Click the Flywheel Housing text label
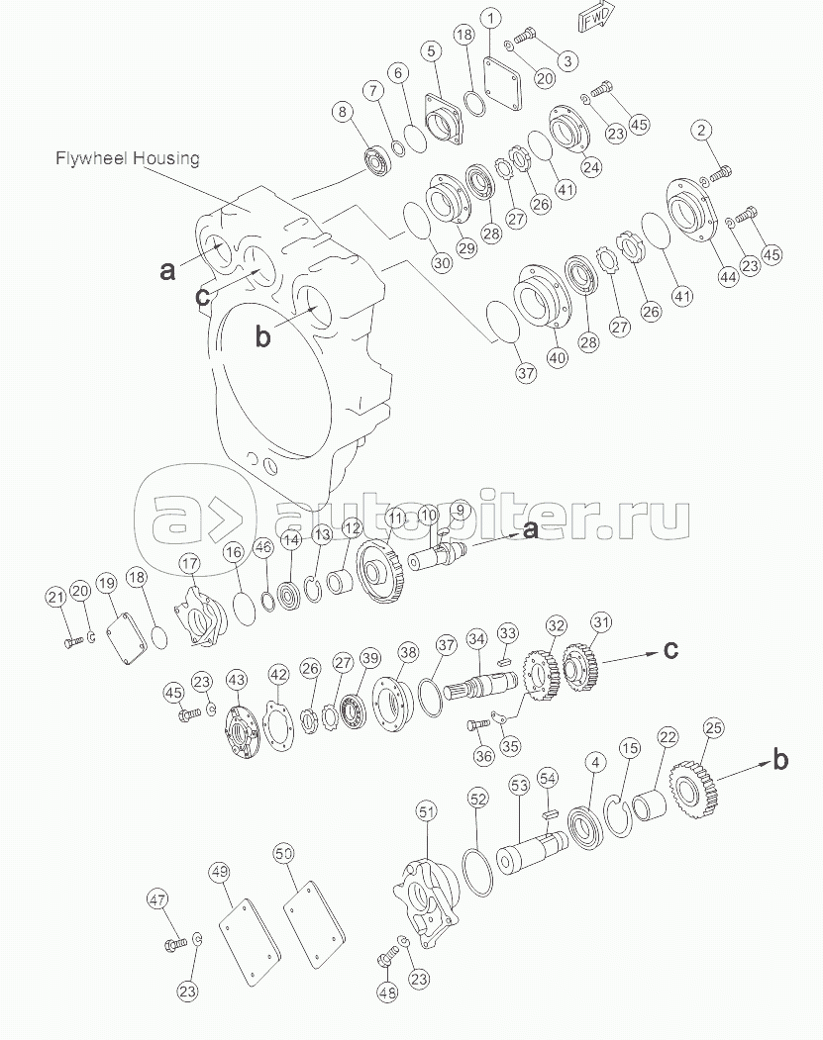[x=127, y=158]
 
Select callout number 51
[x=426, y=811]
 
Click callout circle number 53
[x=519, y=786]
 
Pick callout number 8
[x=343, y=112]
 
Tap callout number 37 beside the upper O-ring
[x=526, y=373]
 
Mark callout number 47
[x=157, y=900]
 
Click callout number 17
[x=189, y=564]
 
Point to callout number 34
[x=476, y=639]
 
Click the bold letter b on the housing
[x=263, y=337]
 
